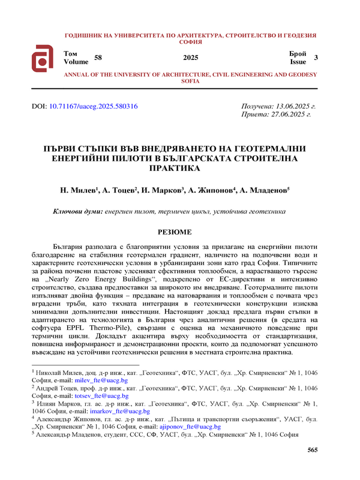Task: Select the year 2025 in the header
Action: pos(190,58)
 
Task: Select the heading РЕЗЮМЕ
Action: pos(175,232)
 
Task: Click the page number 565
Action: pos(312,450)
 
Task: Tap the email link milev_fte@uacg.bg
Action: pos(103,380)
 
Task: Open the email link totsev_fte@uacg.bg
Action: pos(102,396)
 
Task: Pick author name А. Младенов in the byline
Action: pos(264,190)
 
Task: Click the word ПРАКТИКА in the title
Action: pos(174,169)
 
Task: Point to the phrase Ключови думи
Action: pos(77,211)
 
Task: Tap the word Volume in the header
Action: pos(76,61)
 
